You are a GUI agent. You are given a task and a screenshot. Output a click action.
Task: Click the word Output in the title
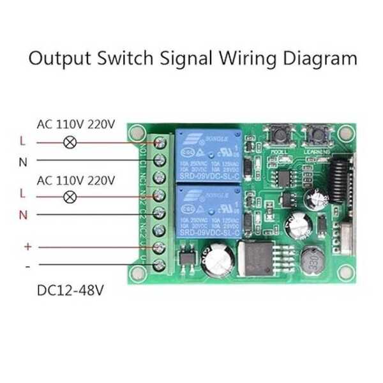(x=60, y=59)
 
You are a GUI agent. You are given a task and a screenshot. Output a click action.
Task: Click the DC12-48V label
(x=70, y=290)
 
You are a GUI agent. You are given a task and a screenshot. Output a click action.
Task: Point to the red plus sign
(x=27, y=246)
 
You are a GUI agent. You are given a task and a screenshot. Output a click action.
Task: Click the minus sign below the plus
(x=27, y=264)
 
